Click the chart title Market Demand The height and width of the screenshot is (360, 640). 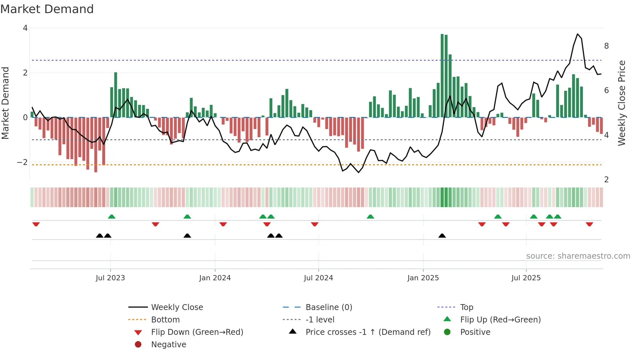point(47,9)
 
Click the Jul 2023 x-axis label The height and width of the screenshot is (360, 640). point(110,278)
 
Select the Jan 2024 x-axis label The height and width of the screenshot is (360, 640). point(215,278)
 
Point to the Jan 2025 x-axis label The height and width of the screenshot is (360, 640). point(423,278)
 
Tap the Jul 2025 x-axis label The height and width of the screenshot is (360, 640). point(526,278)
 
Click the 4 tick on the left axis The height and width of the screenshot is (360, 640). point(25,28)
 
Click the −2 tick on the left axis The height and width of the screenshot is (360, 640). point(22,162)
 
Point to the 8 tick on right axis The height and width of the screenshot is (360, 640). point(606,46)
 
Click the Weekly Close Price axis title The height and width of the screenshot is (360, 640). point(622,103)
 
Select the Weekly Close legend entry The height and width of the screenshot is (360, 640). point(177,307)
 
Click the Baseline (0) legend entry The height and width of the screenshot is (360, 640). point(328,307)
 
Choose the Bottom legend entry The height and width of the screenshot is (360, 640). point(165,320)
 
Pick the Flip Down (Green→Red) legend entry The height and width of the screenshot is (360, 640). point(197,332)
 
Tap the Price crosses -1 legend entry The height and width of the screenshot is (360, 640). point(368,332)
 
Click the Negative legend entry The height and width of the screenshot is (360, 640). point(168,345)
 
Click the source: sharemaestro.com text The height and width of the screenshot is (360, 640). point(578,256)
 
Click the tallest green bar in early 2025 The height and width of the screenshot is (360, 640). point(442,75)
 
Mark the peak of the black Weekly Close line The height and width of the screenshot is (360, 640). point(578,34)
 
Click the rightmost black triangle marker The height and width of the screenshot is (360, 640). point(442,236)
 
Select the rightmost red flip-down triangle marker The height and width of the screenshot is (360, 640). point(589,224)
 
